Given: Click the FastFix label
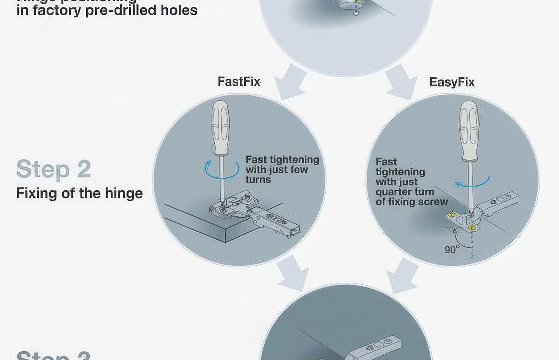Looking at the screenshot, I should [x=239, y=82].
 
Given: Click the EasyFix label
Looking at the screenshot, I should [x=452, y=82].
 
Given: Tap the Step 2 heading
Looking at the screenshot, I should [x=54, y=169].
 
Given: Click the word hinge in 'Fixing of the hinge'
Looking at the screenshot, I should [x=123, y=193].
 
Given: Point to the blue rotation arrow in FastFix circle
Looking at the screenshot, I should [x=222, y=170].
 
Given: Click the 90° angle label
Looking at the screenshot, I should [x=452, y=249].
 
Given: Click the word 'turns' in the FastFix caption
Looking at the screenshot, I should [x=258, y=180].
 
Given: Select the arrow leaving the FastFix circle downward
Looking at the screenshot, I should [x=294, y=273].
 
